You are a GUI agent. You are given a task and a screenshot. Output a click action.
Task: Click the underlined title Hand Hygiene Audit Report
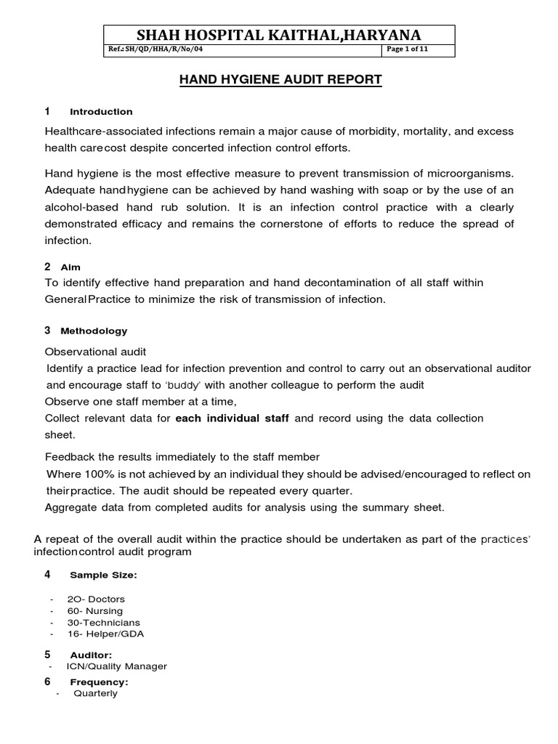click(x=280, y=79)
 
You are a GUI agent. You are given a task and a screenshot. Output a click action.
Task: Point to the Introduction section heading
click(x=101, y=112)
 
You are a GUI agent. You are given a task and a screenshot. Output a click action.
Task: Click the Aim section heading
click(x=70, y=267)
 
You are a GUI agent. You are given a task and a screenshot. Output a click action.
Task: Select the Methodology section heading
click(x=94, y=331)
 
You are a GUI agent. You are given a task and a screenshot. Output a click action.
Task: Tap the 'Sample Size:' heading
click(x=103, y=575)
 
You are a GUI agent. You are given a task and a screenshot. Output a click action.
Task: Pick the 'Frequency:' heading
click(x=99, y=682)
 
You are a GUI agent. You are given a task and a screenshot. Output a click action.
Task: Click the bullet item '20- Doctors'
click(x=95, y=599)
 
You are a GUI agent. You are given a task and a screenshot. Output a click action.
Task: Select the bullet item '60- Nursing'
click(x=94, y=611)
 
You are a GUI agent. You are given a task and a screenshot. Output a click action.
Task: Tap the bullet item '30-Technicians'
click(x=103, y=623)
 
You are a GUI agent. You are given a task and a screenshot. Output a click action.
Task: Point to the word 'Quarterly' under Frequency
click(x=95, y=694)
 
